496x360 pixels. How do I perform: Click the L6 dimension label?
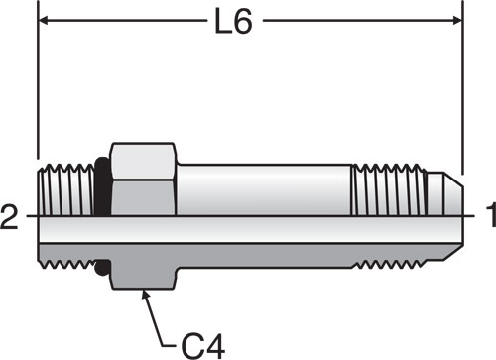click(233, 21)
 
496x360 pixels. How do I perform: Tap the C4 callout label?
click(203, 346)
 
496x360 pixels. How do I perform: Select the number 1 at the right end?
click(491, 215)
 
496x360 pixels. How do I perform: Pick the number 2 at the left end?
click(9, 217)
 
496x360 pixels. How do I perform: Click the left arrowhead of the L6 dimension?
click(45, 21)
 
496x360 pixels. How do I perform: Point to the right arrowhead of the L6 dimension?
click(457, 21)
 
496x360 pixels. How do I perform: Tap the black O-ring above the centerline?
click(102, 186)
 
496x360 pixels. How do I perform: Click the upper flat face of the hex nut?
click(143, 162)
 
